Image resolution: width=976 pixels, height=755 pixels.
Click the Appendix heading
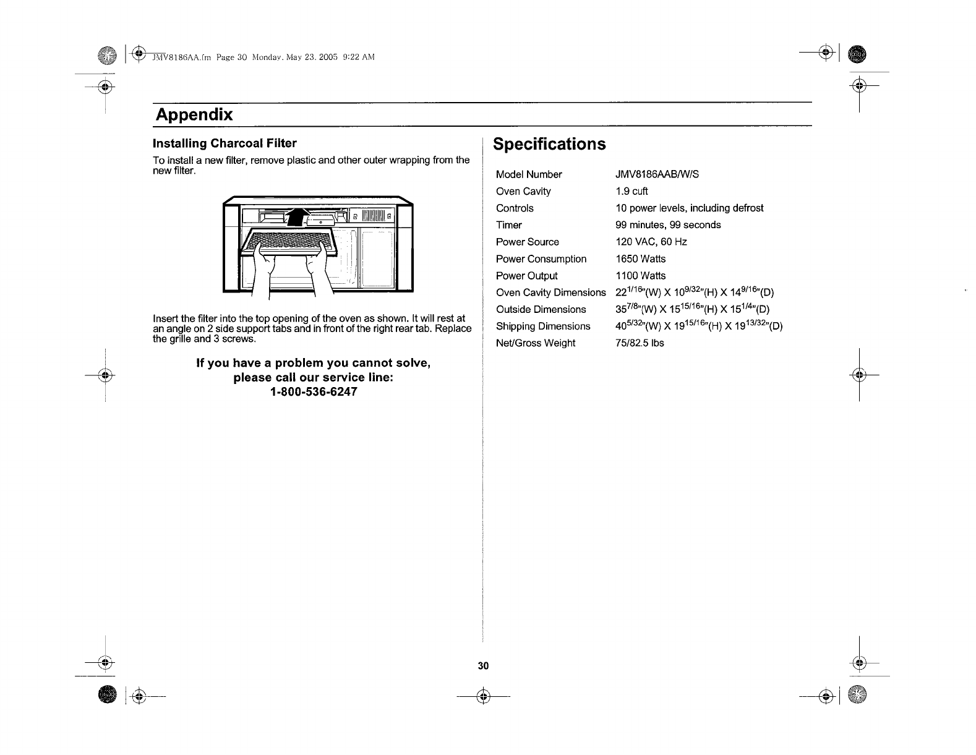click(194, 115)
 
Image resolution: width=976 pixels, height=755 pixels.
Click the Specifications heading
click(549, 144)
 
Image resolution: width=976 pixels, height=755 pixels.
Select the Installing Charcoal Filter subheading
click(225, 143)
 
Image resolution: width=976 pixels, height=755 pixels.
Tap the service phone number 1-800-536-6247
click(314, 392)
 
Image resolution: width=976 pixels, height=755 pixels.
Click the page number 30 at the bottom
click(483, 665)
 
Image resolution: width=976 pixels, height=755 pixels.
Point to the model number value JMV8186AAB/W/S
click(657, 174)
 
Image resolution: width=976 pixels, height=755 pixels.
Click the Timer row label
click(509, 225)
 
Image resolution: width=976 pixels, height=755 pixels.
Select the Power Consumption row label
click(541, 258)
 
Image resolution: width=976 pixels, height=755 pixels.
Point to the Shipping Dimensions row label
click(543, 326)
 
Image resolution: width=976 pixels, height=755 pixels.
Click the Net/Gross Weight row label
click(536, 343)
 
